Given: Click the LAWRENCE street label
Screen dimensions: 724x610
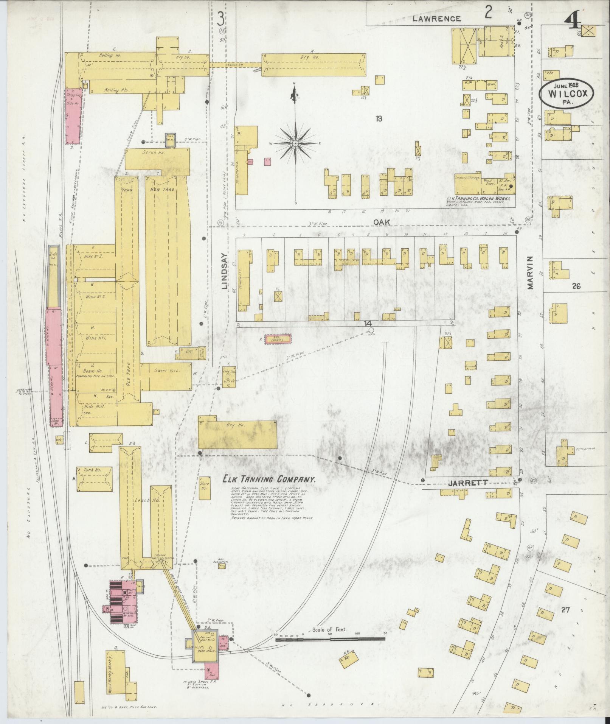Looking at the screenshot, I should pyautogui.click(x=437, y=19).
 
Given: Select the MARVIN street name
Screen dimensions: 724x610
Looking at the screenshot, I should pyautogui.click(x=530, y=272).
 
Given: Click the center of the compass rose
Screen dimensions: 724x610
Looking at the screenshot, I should pyautogui.click(x=295, y=143).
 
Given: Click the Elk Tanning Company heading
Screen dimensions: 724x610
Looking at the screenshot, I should pyautogui.click(x=269, y=479).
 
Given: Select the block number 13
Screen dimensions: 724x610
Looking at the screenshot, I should pyautogui.click(x=379, y=119).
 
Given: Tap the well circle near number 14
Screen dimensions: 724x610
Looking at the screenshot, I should pyautogui.click(x=371, y=330).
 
